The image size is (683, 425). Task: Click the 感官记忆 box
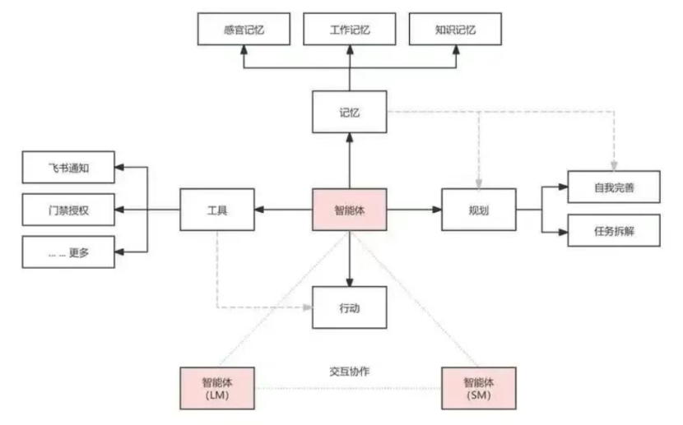click(244, 30)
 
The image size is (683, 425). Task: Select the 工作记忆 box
click(350, 30)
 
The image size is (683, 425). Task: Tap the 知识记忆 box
click(456, 30)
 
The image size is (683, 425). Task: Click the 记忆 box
click(350, 112)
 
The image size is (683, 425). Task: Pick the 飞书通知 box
click(68, 169)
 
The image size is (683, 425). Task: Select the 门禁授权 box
click(68, 210)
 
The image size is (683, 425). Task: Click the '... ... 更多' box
click(68, 252)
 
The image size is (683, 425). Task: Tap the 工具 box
click(216, 210)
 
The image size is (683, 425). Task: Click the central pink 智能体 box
click(350, 210)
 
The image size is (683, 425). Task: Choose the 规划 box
click(479, 210)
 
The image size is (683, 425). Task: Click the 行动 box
click(350, 307)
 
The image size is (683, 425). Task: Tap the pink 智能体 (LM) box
click(217, 387)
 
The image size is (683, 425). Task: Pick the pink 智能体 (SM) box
click(480, 387)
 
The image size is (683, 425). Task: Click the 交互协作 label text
click(349, 372)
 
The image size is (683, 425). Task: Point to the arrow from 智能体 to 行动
click(350, 258)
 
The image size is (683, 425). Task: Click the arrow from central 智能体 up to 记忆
click(350, 161)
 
